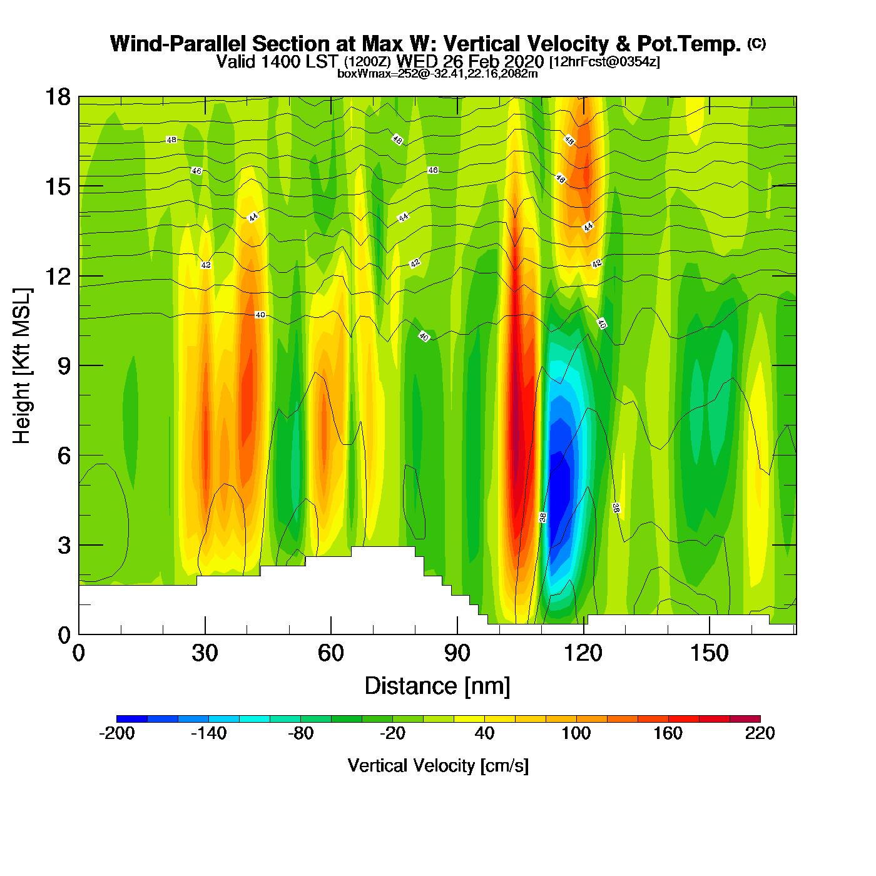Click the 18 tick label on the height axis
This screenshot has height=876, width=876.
pos(57,97)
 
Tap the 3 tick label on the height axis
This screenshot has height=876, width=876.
pos(64,545)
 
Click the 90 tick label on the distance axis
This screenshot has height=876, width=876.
pos(457,653)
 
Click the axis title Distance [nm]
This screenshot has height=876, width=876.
pos(437,686)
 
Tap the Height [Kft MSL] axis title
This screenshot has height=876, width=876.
pos(22,366)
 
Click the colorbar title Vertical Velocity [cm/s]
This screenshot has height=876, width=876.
pos(438,766)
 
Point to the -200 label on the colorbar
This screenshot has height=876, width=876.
pos(117,733)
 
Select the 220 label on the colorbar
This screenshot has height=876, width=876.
pos(760,733)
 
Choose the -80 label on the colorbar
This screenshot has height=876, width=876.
pos(300,733)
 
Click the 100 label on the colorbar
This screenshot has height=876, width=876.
pos(576,733)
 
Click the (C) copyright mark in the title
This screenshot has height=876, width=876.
pos(756,43)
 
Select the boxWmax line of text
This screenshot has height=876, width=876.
pos(437,73)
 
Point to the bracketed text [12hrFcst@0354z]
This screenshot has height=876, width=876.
pos(604,62)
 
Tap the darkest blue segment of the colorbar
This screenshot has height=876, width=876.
pos(132,719)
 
